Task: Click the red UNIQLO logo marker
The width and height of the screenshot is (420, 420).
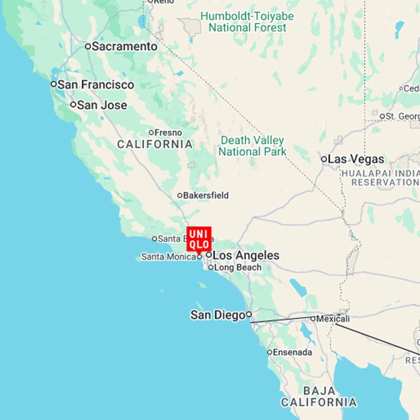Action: [199, 239]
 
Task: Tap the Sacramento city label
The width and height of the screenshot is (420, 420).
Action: [124, 46]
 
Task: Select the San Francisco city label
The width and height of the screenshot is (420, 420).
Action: [96, 85]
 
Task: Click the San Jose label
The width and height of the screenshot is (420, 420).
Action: [102, 105]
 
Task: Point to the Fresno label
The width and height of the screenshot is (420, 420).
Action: [168, 133]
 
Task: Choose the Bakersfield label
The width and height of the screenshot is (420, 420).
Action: [206, 195]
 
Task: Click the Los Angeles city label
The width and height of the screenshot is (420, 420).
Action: [246, 255]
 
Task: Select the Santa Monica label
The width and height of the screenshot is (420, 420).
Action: [168, 256]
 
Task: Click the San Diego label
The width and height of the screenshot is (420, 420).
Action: [218, 315]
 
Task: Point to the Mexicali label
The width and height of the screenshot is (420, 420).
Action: [333, 319]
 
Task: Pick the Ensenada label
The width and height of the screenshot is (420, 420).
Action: [293, 352]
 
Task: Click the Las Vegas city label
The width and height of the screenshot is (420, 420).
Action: [356, 159]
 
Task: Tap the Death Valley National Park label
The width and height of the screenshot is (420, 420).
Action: [252, 146]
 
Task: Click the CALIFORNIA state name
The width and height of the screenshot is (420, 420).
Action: [155, 144]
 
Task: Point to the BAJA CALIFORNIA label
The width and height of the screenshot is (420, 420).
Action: [319, 396]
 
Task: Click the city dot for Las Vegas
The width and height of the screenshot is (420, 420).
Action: [324, 159]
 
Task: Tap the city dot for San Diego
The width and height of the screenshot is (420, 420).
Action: [249, 314]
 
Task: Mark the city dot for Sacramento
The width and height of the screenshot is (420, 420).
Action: [88, 46]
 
